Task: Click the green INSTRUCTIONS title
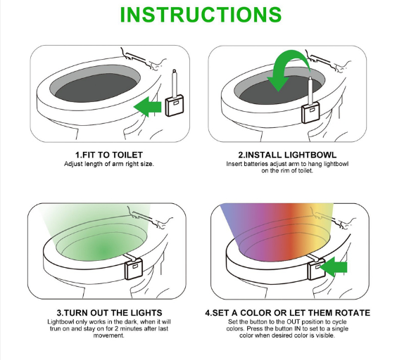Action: tap(201, 15)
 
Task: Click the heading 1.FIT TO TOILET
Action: tap(109, 155)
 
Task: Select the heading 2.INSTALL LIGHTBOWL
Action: tap(287, 155)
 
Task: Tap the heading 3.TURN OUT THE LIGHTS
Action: tap(109, 313)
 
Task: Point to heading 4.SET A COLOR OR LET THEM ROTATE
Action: tap(288, 313)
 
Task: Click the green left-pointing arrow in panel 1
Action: tap(147, 107)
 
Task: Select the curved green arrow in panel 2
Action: tap(287, 68)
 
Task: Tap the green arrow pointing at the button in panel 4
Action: tap(334, 268)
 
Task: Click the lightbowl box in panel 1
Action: tap(175, 105)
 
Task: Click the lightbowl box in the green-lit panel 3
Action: tap(134, 269)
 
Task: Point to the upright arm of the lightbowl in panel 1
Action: tap(175, 83)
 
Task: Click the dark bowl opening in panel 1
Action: tap(96, 87)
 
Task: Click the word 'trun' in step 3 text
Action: tap(55, 329)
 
